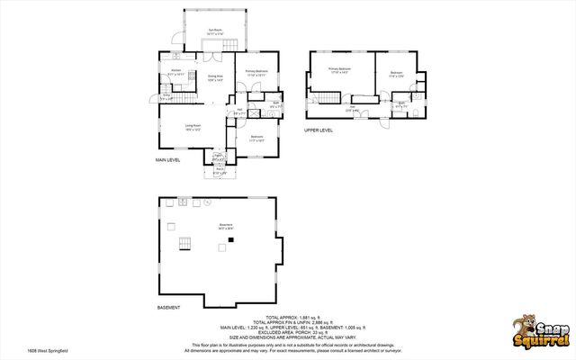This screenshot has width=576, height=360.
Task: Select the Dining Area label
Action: (x=215, y=77)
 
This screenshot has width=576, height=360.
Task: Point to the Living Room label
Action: (x=193, y=127)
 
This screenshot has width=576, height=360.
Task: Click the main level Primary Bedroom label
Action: (x=256, y=72)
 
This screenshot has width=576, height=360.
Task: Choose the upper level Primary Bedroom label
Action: (x=339, y=69)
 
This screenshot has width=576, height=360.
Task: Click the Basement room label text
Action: (x=213, y=227)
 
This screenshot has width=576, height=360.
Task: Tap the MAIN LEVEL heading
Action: (x=168, y=160)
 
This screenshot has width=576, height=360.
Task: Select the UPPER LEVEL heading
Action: (x=319, y=130)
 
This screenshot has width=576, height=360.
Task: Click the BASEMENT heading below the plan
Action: (x=169, y=307)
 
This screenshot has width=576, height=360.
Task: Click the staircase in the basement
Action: (x=184, y=243)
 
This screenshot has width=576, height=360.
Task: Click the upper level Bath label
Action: (x=402, y=105)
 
